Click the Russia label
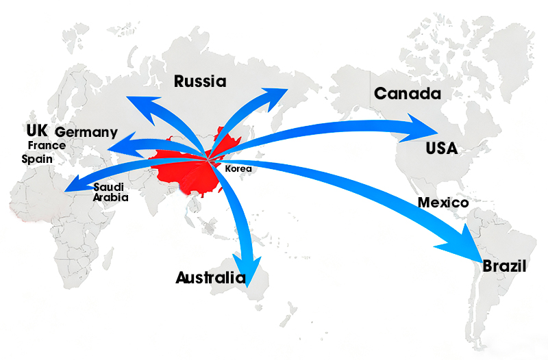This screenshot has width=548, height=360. click(x=200, y=82)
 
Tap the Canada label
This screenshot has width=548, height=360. click(x=407, y=94)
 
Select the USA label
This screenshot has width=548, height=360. click(x=441, y=149)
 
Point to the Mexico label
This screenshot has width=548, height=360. click(x=443, y=203)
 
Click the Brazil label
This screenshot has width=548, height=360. click(x=505, y=266)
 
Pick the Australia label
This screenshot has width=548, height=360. click(x=210, y=278)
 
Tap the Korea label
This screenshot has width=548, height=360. click(x=238, y=168)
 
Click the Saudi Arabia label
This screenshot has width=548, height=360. click(x=110, y=192)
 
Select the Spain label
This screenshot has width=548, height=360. click(x=37, y=158)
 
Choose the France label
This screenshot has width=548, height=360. click(x=47, y=145)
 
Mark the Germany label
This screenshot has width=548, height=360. click(x=86, y=132)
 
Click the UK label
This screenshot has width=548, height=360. click(x=36, y=131)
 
